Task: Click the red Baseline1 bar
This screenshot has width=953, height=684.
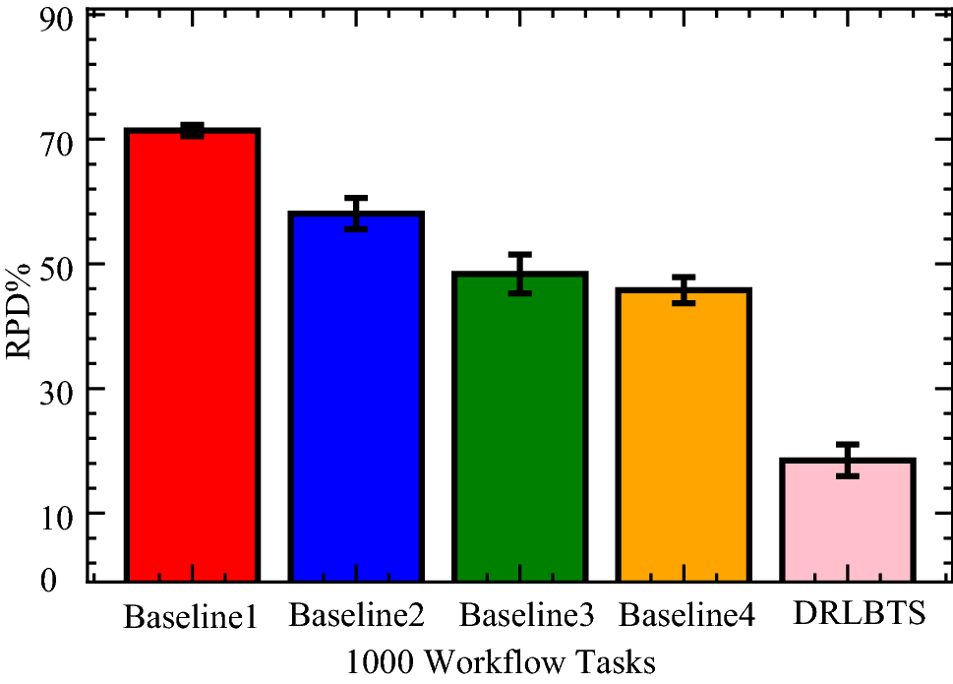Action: (x=192, y=354)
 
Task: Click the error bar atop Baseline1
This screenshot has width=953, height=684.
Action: (x=192, y=131)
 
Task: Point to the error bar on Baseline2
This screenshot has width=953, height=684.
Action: (x=356, y=214)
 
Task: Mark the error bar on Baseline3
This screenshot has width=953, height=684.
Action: (x=520, y=274)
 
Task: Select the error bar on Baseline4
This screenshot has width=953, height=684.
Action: (x=685, y=290)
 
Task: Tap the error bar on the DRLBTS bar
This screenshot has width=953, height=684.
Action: (x=848, y=460)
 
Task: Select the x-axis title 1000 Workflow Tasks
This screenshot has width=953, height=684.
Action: (x=501, y=660)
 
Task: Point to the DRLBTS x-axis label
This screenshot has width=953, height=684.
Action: (x=860, y=616)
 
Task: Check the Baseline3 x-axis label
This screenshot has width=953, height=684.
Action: (x=527, y=617)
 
